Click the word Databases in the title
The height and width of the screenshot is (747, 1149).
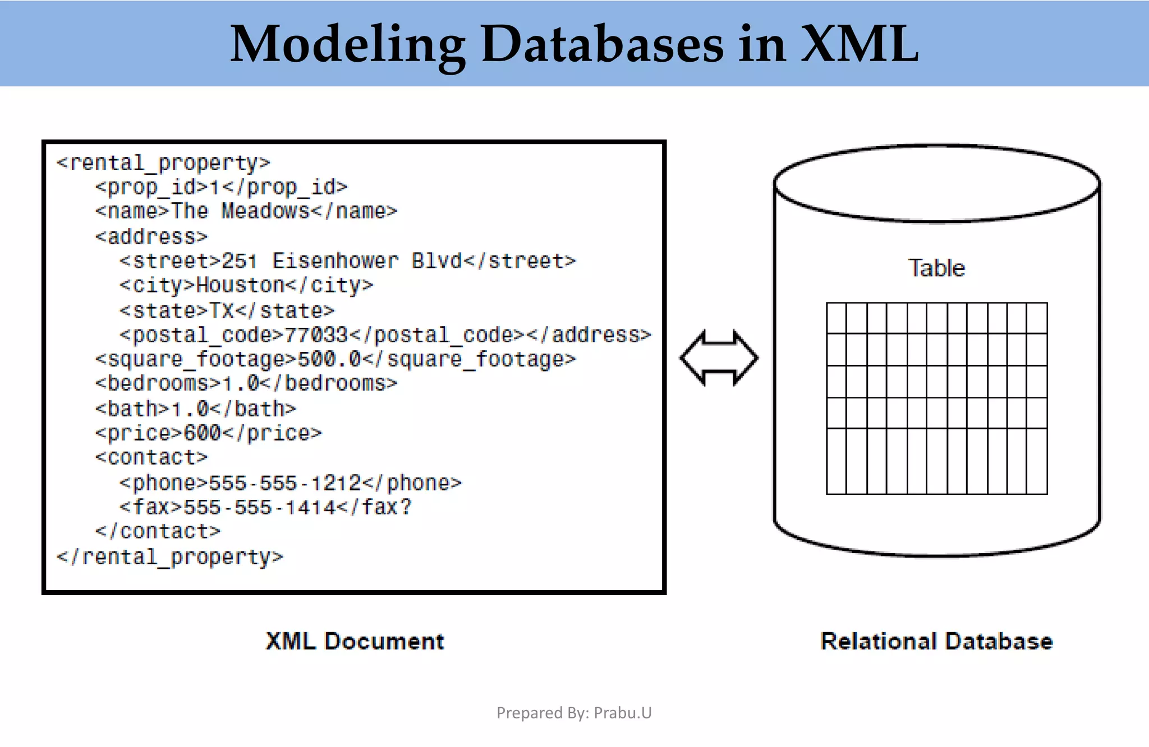(x=602, y=45)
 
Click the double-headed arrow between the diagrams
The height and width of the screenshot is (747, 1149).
(x=719, y=358)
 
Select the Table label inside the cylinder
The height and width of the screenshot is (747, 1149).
(x=936, y=268)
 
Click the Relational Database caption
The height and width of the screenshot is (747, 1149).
(x=936, y=641)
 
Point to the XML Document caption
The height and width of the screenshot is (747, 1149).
(x=355, y=641)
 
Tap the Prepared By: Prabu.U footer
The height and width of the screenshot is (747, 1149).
(x=574, y=713)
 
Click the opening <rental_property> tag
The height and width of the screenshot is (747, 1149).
(x=163, y=163)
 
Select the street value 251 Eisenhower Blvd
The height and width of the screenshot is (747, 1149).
(x=342, y=261)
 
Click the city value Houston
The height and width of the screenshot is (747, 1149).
(x=241, y=286)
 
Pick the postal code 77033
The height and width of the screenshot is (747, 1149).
(x=316, y=335)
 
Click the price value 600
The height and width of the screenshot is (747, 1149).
(x=203, y=433)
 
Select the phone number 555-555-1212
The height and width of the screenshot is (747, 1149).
(x=285, y=483)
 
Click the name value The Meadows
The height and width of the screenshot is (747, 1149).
(x=241, y=212)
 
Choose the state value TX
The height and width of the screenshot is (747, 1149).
(x=221, y=310)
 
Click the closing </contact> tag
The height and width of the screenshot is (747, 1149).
(x=158, y=531)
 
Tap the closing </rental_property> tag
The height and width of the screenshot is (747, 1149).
(x=170, y=557)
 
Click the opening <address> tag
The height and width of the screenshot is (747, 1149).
(x=151, y=237)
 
